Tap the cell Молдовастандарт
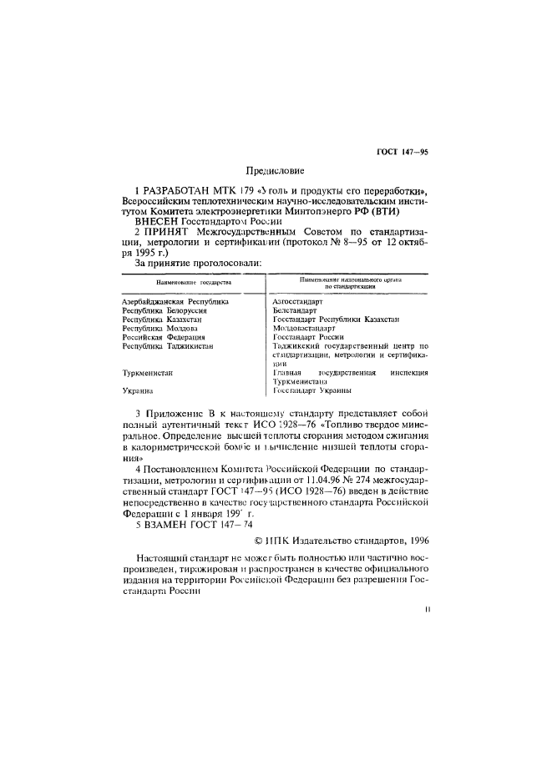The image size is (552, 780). click(304, 328)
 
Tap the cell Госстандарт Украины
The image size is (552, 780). click(311, 390)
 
